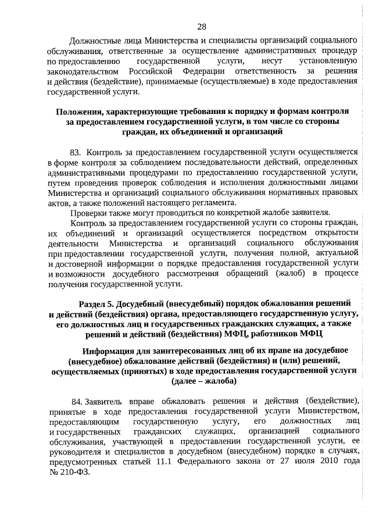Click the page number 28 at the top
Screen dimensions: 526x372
point(202,26)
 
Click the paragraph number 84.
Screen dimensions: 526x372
point(77,402)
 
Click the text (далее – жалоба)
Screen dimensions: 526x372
point(203,381)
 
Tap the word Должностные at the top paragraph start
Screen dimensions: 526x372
point(95,41)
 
